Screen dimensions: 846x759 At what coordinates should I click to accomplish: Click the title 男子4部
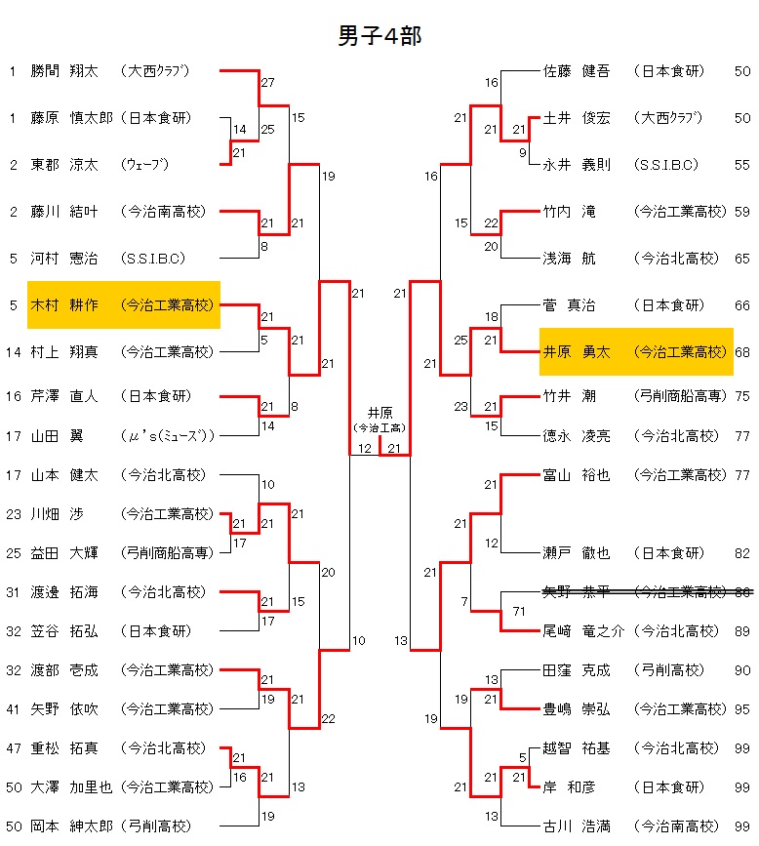(x=379, y=36)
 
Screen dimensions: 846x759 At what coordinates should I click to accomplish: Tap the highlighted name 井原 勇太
(x=577, y=352)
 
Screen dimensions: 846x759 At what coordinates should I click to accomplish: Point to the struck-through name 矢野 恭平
(x=577, y=591)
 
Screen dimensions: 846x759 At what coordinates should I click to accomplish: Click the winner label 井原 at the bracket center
(x=379, y=413)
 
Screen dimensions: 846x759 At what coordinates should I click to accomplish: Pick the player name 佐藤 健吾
(x=577, y=71)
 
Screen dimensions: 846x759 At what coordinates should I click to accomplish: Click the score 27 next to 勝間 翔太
(x=268, y=83)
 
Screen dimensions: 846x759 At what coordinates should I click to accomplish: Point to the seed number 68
(x=742, y=352)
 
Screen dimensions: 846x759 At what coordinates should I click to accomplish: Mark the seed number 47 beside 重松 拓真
(x=13, y=748)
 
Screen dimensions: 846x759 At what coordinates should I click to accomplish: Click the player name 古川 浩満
(x=577, y=826)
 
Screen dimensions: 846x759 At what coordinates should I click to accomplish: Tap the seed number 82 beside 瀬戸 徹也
(x=742, y=553)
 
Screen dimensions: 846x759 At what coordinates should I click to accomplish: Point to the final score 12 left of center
(x=364, y=449)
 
